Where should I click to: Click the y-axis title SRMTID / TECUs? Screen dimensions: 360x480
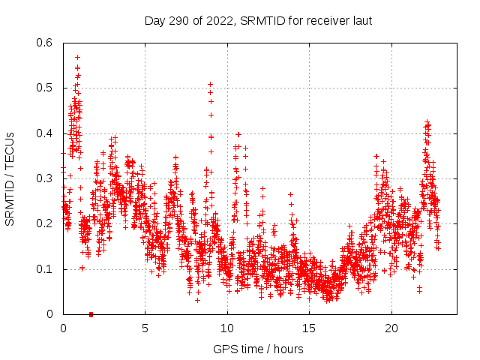[x=10, y=178]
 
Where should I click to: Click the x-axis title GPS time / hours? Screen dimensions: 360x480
[x=259, y=349]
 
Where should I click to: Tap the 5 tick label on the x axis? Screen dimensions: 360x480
[x=145, y=328]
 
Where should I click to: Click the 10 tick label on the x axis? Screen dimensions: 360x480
[x=227, y=328]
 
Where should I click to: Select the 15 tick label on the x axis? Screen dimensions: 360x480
[x=310, y=328]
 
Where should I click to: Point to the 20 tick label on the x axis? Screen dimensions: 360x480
[x=392, y=328]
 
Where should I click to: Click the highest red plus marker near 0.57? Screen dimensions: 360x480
[x=77, y=57]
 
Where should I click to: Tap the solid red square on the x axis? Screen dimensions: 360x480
[x=91, y=314]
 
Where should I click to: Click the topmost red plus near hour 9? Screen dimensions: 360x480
[x=211, y=84]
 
